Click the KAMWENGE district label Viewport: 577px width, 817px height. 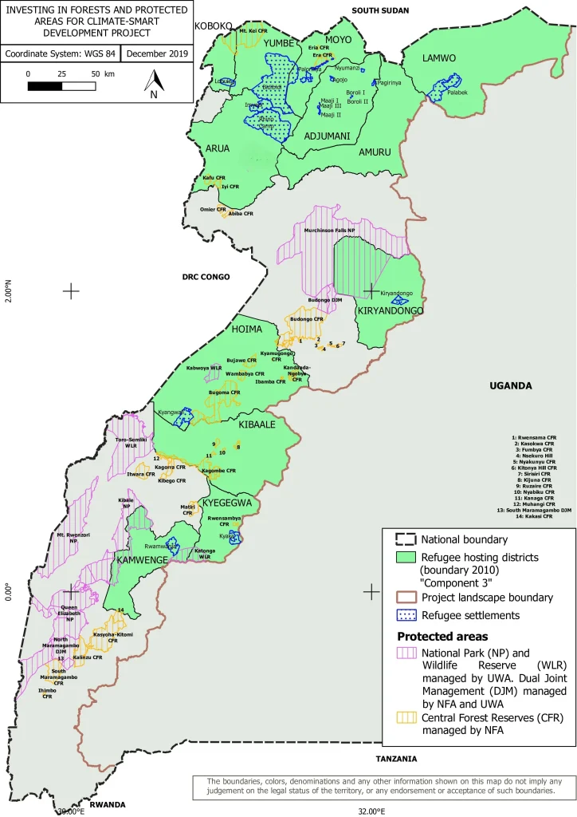point(143,562)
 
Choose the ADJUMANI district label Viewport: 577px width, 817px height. point(328,136)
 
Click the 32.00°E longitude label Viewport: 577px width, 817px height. point(371,811)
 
